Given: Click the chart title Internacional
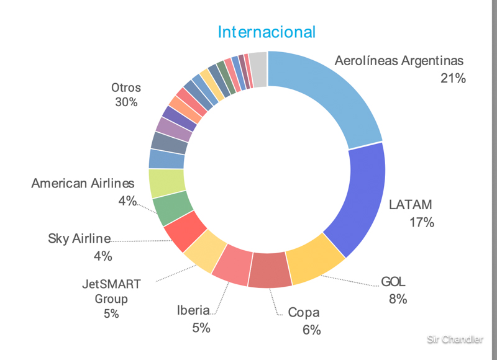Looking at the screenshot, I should click(267, 32).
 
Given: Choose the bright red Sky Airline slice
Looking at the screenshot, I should click(185, 230).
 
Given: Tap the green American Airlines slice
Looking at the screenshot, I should click(171, 209).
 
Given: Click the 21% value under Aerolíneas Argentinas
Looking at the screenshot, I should click(452, 78).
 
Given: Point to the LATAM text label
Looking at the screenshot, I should click(410, 205).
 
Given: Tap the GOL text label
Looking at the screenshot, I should click(394, 282).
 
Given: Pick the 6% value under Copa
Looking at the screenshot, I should click(311, 330).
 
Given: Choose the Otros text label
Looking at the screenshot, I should click(126, 88).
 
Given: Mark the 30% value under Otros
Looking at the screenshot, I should click(126, 102).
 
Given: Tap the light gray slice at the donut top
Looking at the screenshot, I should click(258, 61).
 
